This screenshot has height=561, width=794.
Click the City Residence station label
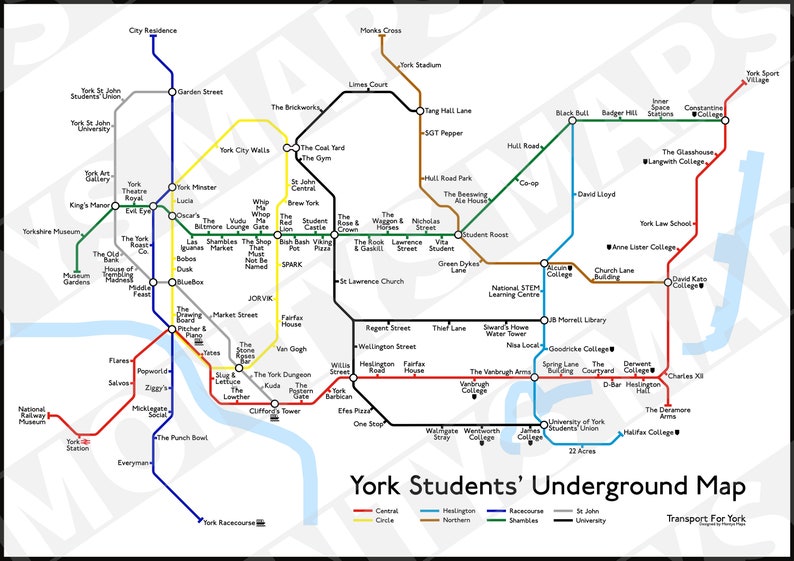(152, 31)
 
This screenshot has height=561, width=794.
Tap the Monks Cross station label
(381, 31)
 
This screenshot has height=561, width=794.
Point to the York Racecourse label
(231, 522)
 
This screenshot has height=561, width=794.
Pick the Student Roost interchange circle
(458, 235)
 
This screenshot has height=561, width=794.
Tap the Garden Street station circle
(172, 92)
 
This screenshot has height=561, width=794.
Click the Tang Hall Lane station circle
(420, 111)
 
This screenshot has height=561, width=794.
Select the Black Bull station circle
(573, 121)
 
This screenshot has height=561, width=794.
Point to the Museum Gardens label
(76, 279)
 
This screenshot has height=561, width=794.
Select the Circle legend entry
(385, 520)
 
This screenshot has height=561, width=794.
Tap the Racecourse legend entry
(528, 511)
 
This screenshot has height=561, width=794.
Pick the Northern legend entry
(456, 520)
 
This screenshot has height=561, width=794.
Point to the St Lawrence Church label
(372, 281)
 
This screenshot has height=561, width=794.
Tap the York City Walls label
(244, 150)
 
